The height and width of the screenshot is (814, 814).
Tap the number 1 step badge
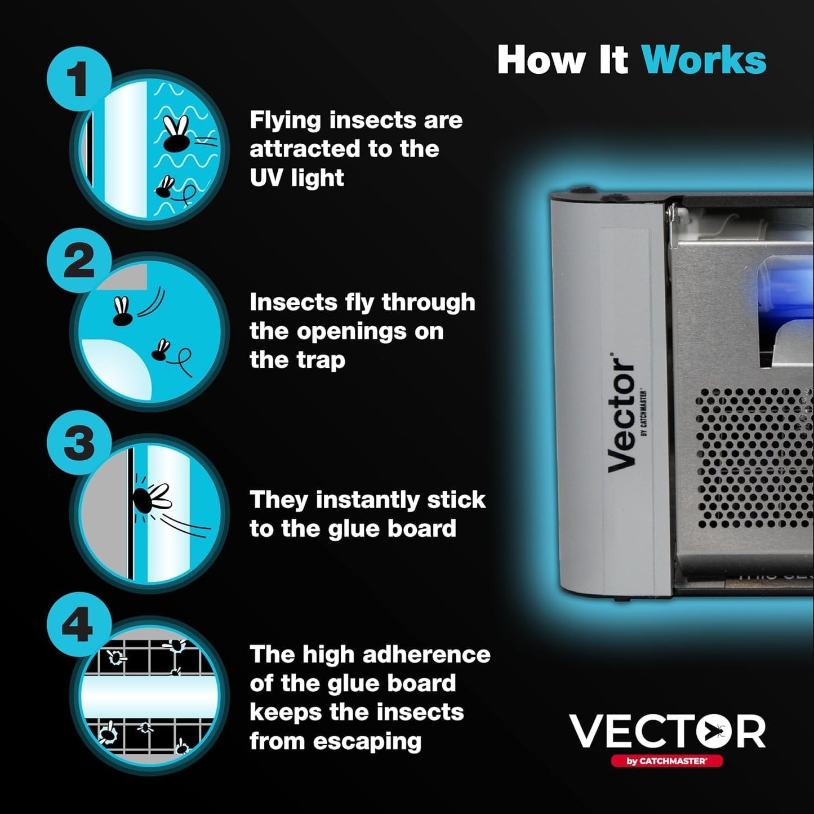click(79, 79)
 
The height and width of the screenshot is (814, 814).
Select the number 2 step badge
click(79, 261)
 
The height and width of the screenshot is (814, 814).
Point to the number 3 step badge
click(79, 443)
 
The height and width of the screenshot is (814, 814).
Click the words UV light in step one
click(296, 178)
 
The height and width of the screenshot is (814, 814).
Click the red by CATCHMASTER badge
click(666, 761)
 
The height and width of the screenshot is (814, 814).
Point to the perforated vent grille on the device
click(752, 456)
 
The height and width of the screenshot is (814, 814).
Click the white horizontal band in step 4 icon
click(149, 695)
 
